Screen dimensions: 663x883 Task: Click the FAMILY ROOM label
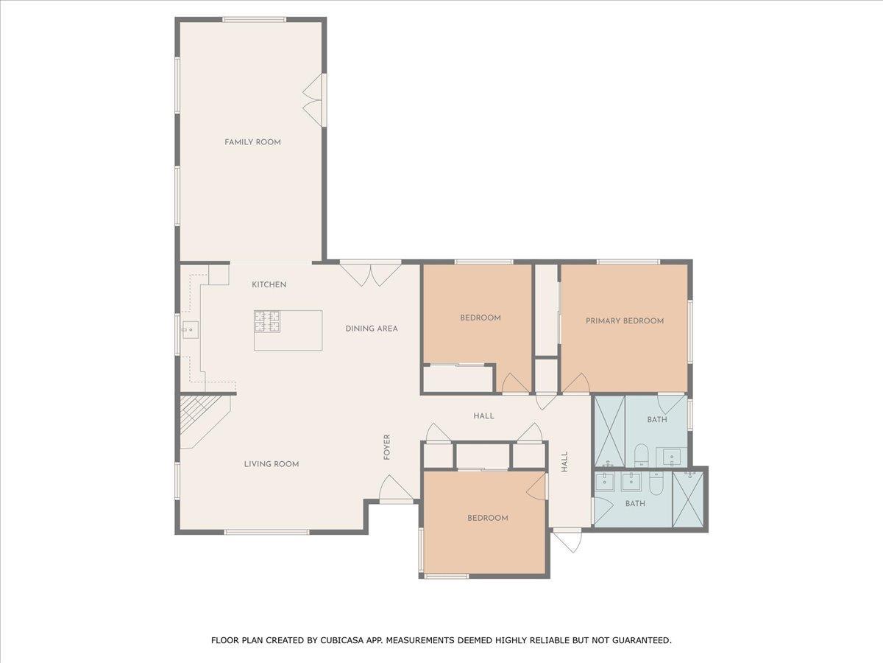(x=252, y=142)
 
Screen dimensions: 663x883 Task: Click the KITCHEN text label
(x=269, y=285)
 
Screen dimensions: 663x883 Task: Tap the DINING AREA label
(x=372, y=329)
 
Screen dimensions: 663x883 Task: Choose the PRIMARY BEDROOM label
(x=624, y=321)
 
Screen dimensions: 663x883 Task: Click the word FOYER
(x=387, y=447)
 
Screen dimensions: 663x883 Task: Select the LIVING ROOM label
(x=272, y=464)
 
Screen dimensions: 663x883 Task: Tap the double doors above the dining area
(x=370, y=273)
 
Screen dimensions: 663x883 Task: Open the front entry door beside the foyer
(x=395, y=489)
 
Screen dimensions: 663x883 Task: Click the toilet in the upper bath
(x=640, y=455)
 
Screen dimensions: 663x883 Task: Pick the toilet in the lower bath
(x=656, y=484)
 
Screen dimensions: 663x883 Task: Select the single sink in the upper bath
(x=673, y=457)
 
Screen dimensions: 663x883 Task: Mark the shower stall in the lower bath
(x=688, y=499)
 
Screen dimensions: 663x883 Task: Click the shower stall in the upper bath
(x=609, y=431)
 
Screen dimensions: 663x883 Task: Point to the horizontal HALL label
(x=483, y=416)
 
